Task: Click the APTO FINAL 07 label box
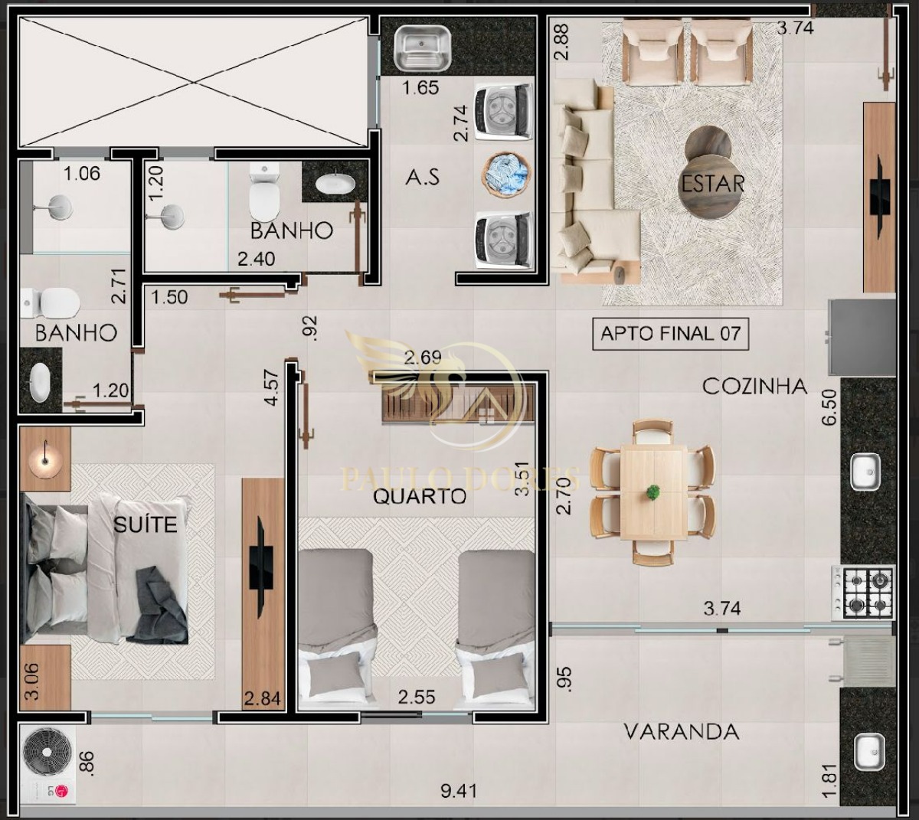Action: coord(670,335)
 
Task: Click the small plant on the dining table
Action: coord(653,492)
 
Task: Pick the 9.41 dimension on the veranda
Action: coord(459,792)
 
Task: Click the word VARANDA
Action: coord(682,732)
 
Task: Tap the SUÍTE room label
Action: coord(146,524)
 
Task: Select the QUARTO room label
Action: coord(420,497)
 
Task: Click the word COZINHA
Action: coord(755,387)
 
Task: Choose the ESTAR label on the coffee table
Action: coord(713,184)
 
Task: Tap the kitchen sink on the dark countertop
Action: coord(866,472)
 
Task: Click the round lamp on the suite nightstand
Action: coord(44,459)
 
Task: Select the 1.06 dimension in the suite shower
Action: coord(82,174)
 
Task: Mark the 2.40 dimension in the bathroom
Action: coord(257,260)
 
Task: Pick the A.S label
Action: coord(422,178)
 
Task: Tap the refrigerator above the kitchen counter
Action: coord(862,338)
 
